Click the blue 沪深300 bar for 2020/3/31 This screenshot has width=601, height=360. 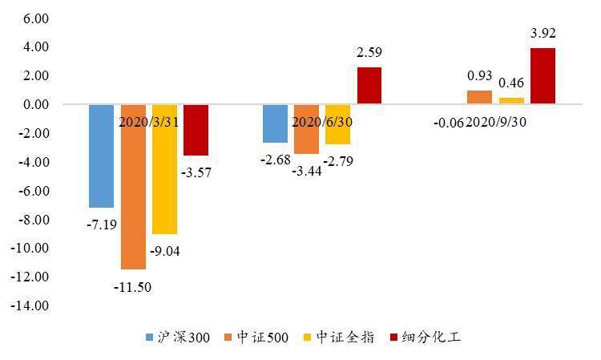[x=101, y=156]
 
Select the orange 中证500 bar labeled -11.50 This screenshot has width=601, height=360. [x=133, y=187]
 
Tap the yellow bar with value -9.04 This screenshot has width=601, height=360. [x=164, y=169]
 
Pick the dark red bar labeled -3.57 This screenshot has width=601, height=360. [x=196, y=130]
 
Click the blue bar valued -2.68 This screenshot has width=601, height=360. [x=275, y=123]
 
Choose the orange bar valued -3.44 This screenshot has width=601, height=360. [x=306, y=129]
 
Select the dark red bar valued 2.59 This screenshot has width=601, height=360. [x=369, y=86]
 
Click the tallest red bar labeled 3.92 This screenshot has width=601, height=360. [x=543, y=76]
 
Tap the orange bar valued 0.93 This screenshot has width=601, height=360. [x=479, y=98]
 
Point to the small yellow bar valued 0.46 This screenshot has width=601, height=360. [x=511, y=101]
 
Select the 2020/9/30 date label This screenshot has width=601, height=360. [x=497, y=123]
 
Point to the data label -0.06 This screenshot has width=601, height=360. [x=447, y=123]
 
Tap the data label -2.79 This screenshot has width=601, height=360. [x=337, y=161]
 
